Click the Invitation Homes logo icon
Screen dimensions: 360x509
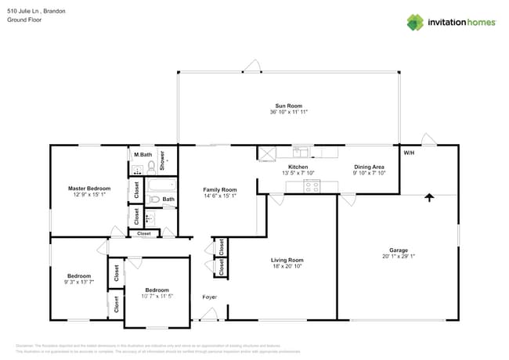(414, 22)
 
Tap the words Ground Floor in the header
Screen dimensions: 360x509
(23, 20)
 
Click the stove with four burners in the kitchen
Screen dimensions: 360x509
(312, 186)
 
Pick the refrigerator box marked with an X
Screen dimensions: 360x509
(266, 153)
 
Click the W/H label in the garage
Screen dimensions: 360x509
(409, 153)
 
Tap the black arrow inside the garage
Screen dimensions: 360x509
(428, 198)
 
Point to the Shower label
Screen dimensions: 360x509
(163, 160)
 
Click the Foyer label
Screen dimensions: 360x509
(210, 297)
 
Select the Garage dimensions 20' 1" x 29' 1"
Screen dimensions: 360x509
(398, 255)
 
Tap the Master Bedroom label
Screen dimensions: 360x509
(88, 189)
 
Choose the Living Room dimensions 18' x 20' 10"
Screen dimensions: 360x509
(287, 266)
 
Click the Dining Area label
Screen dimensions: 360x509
(369, 167)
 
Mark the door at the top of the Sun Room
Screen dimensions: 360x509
(251, 67)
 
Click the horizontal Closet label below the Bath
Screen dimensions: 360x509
(144, 233)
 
